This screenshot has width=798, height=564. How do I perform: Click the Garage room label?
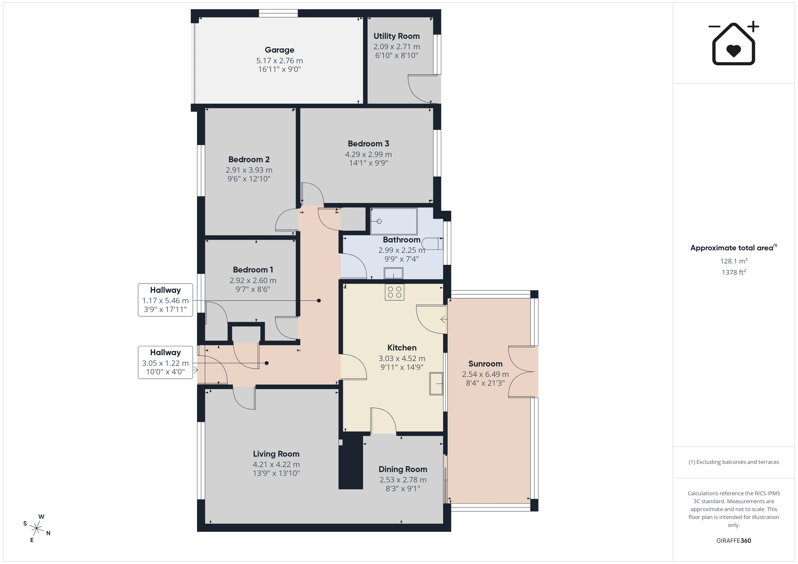coord(279,50)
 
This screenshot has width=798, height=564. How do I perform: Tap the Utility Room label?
coord(397,36)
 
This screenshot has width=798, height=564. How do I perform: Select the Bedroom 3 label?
coord(368,144)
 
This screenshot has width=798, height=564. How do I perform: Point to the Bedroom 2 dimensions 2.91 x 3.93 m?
coord(249,170)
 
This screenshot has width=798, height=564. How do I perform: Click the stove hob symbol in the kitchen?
coord(394,292)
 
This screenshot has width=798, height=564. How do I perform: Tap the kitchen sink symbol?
coord(436,384)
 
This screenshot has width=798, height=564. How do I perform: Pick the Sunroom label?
coord(485,364)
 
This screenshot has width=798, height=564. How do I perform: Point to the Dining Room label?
coord(403,470)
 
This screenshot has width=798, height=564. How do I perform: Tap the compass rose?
coord(36,529)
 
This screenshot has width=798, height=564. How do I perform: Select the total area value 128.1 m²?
coord(734,261)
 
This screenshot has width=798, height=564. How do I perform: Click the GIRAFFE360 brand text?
coord(734,541)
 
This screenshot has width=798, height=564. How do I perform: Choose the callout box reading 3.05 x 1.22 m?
coord(165,362)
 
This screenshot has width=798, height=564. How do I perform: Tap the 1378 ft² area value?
coord(734,272)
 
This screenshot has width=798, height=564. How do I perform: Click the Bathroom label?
coord(401,240)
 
